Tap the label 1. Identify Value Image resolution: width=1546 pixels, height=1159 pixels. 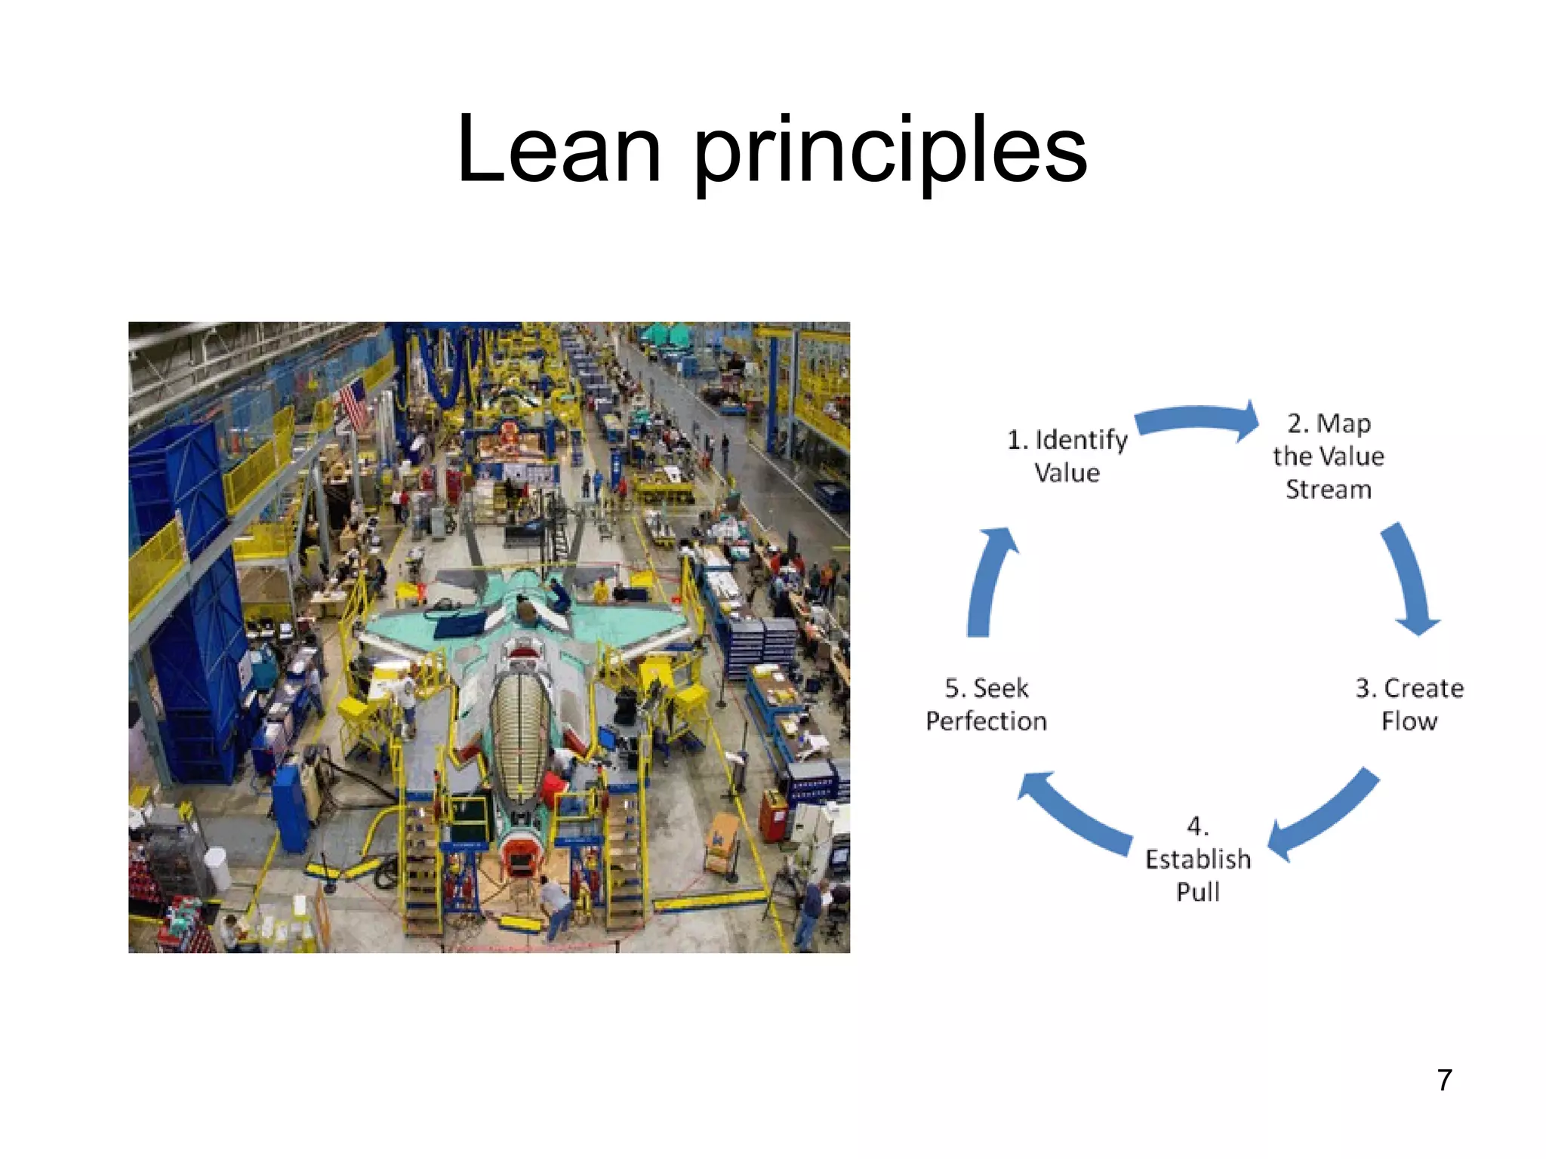1067,456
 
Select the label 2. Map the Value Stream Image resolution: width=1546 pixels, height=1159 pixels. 1329,456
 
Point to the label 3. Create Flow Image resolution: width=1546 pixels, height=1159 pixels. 1409,704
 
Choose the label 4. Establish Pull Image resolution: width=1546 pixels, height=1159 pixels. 1198,859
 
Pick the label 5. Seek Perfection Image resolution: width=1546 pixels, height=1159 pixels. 986,704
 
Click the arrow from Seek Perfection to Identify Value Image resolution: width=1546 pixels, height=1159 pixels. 987,581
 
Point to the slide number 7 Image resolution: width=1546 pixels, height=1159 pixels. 1444,1080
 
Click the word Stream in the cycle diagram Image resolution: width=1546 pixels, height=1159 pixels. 1329,489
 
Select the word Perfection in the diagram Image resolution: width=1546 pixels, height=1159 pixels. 986,721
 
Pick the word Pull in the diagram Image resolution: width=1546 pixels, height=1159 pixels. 1198,892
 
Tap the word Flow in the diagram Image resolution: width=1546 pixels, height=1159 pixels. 1409,721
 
